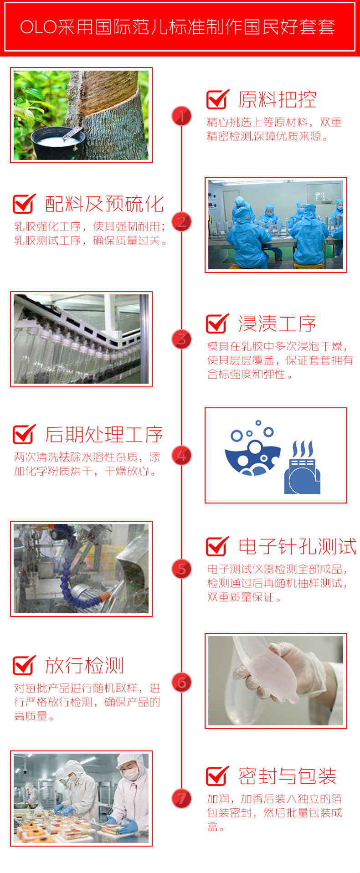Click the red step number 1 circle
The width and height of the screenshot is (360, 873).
point(181,116)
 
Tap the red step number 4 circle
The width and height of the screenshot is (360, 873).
point(181,456)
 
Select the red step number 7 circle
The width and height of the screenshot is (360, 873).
point(181,798)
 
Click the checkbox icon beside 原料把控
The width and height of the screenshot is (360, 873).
point(217,99)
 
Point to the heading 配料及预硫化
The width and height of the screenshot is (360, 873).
point(104,204)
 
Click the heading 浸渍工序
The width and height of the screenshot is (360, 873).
point(277,324)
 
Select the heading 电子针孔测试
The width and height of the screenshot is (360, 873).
point(297,546)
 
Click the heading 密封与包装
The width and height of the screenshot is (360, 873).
point(287,776)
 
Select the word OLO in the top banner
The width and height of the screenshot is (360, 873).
point(38,27)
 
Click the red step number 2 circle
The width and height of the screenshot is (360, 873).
point(181,222)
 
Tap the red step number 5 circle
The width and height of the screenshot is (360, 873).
point(181,569)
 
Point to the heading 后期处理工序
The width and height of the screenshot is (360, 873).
point(104,435)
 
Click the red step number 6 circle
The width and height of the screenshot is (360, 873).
point(181,682)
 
